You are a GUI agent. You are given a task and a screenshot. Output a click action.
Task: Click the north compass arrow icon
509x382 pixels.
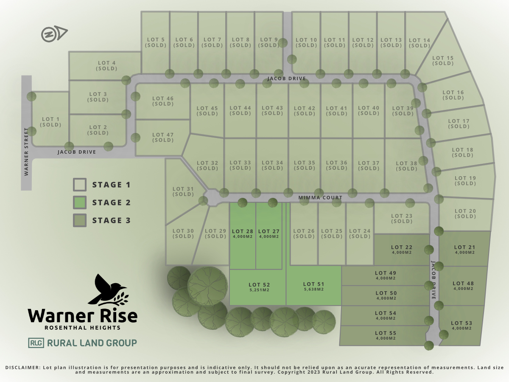coord(54,34)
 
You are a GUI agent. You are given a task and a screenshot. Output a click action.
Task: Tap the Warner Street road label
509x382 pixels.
coord(26,152)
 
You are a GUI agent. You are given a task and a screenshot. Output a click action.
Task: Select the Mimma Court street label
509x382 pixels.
coord(320,198)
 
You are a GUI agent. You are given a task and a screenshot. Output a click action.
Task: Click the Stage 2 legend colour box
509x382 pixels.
coord(80,202)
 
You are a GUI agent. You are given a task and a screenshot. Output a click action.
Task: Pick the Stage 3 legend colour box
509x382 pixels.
coord(80,220)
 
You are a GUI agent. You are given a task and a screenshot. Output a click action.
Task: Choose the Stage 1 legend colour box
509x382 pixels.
coord(80,185)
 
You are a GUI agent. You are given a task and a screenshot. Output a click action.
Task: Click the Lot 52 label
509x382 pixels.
coord(259,285)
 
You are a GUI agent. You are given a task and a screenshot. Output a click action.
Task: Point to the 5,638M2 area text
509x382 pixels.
coord(314,289)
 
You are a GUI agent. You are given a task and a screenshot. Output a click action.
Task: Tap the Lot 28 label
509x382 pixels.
coord(243,231)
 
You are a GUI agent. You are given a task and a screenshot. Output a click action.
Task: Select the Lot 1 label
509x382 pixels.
coord(51,120)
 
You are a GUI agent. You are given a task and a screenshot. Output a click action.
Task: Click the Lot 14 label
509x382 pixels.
coord(420,41)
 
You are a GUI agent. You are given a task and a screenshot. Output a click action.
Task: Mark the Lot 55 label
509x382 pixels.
coord(386,333)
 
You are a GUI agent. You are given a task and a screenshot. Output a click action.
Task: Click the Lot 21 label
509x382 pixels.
coord(464,247)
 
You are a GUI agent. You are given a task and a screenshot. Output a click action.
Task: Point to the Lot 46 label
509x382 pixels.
coord(163,98)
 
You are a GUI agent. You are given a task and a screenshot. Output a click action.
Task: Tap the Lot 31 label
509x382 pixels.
coord(183,189)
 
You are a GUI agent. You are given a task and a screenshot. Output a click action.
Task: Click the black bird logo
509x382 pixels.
coord(107,290)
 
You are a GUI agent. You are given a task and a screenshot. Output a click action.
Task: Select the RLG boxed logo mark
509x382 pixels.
coord(36,343)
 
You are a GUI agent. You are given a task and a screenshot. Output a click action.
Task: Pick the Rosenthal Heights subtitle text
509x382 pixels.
coord(83,328)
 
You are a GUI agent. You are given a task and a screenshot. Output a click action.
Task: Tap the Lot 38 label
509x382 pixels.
coord(407,163)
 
